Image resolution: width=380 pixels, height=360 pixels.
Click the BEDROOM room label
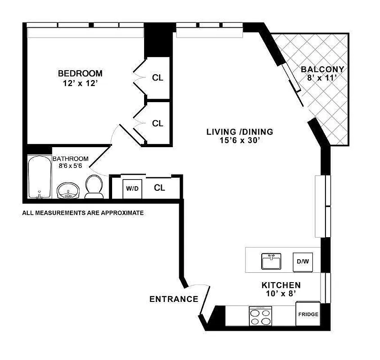(x=80, y=73)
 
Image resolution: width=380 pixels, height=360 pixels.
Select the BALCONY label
(x=322, y=69)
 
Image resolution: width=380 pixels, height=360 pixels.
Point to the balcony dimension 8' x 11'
(x=322, y=78)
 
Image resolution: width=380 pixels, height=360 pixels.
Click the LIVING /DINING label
(x=240, y=132)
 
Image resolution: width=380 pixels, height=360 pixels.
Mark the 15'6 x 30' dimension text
(x=240, y=140)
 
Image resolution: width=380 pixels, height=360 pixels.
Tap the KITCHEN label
(x=281, y=285)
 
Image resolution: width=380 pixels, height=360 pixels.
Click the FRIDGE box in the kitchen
(x=308, y=314)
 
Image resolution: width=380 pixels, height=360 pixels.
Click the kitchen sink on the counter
(x=271, y=261)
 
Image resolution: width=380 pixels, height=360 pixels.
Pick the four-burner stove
(x=261, y=316)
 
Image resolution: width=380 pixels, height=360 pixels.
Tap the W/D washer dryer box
(x=132, y=189)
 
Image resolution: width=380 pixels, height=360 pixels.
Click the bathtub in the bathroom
(x=40, y=177)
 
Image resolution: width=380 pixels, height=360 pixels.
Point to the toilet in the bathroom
(x=94, y=186)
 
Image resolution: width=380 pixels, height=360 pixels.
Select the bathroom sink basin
(x=68, y=191)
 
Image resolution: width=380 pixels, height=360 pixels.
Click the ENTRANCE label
(x=174, y=299)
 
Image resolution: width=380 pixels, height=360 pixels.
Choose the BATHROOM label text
(x=70, y=159)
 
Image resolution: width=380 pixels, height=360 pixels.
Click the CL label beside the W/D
(x=159, y=188)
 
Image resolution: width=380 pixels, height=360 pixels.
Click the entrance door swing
(x=203, y=297)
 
